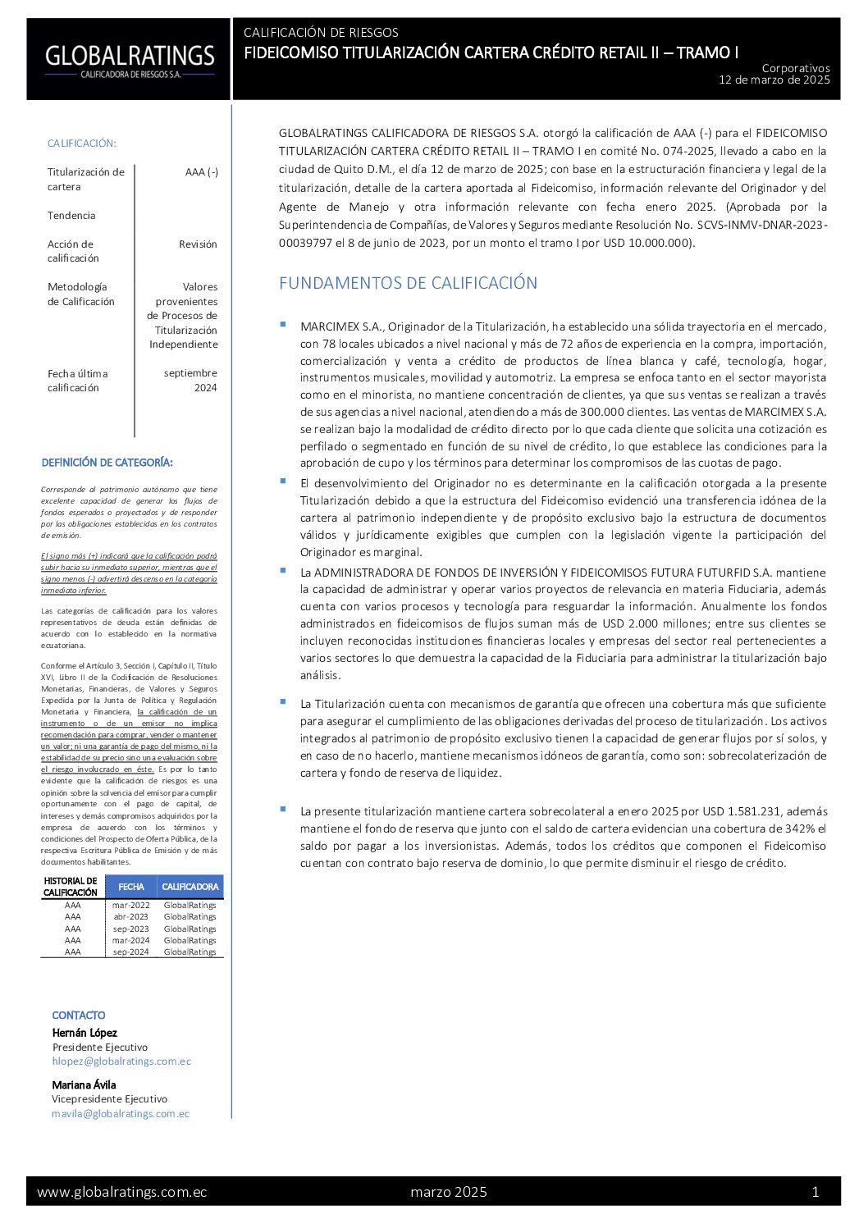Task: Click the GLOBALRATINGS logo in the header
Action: point(129,59)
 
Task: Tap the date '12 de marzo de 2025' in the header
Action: point(774,80)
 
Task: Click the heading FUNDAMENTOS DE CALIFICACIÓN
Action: point(408,283)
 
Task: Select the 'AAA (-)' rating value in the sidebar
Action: point(201,172)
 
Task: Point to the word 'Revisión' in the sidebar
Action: point(198,244)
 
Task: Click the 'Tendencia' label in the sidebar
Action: point(71,216)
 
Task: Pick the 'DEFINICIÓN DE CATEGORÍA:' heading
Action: point(107,463)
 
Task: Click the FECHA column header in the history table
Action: point(130,887)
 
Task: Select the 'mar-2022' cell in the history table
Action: point(130,906)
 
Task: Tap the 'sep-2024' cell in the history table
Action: point(130,952)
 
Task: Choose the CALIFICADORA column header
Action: point(190,887)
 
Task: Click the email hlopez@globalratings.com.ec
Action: point(121,1061)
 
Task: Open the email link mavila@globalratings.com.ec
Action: point(121,1114)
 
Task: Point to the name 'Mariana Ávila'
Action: point(84,1084)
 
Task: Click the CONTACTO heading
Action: point(79,1016)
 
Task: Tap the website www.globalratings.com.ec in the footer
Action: point(121,1192)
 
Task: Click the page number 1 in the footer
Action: point(815,1192)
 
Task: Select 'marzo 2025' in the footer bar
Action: point(448,1192)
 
